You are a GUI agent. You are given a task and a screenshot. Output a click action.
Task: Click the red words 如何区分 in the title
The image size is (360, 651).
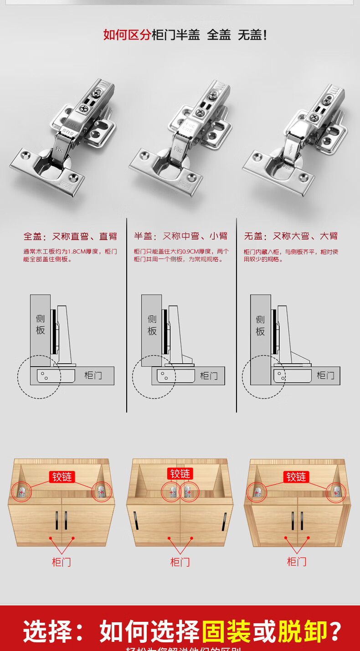click(127, 35)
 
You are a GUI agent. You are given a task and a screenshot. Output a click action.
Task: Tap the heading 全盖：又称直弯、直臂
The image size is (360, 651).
click(70, 236)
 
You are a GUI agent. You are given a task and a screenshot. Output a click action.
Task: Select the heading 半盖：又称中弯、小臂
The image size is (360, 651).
click(180, 236)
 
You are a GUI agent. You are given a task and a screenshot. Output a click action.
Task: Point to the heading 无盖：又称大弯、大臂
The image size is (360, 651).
click(291, 236)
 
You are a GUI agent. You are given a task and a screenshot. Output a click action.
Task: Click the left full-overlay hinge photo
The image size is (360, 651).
click(64, 137)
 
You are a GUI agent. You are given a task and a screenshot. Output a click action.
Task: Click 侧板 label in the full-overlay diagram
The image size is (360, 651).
click(41, 324)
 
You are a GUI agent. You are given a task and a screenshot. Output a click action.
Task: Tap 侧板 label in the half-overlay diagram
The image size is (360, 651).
click(152, 325)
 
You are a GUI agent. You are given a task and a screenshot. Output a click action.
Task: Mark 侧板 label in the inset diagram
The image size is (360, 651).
click(260, 325)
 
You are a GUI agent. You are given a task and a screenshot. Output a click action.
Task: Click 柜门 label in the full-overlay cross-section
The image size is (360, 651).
click(93, 376)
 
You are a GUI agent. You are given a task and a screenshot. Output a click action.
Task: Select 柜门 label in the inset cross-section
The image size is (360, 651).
click(325, 376)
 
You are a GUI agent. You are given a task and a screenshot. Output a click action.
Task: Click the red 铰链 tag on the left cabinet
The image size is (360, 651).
click(62, 477)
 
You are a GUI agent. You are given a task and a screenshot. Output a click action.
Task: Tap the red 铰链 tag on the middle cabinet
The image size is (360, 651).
click(180, 474)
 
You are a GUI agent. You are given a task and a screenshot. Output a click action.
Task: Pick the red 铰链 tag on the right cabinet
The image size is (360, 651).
click(296, 477)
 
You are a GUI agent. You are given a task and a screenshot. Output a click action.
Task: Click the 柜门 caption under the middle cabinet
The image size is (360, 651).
click(180, 562)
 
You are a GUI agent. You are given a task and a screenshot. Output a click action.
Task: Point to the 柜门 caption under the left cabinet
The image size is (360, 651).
click(62, 562)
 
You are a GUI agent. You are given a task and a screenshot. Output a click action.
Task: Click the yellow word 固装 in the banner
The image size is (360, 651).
click(226, 631)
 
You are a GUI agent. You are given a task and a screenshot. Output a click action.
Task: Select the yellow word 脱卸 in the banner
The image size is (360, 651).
click(303, 631)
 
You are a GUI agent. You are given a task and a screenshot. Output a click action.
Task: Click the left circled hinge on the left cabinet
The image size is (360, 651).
click(21, 491)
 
